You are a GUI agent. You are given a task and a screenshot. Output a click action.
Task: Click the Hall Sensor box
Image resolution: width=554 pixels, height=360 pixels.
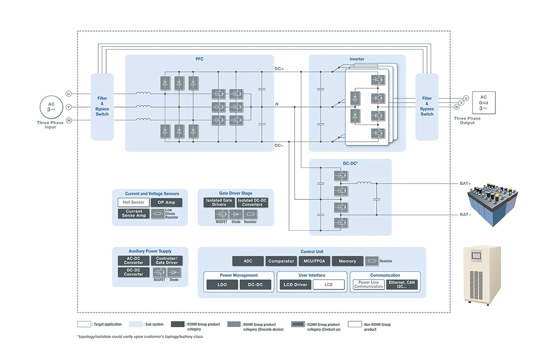click(133, 203)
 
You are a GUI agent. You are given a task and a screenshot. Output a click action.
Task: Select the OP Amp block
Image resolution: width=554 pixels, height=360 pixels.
click(167, 203)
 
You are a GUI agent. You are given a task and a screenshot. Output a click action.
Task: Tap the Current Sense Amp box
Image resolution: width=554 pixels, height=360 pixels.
click(133, 214)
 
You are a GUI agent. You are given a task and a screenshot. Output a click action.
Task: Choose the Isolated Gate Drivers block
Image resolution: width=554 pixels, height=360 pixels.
click(219, 203)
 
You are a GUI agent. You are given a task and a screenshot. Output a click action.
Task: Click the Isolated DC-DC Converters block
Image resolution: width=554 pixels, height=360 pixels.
click(252, 203)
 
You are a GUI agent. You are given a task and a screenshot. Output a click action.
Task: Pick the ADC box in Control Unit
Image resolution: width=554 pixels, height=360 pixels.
click(248, 261)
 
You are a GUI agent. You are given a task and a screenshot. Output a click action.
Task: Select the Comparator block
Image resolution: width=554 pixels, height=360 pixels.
click(281, 261)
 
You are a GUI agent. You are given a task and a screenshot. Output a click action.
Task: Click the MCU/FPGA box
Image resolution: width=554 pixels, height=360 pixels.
click(314, 261)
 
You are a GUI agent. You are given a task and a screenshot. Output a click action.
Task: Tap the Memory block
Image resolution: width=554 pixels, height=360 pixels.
click(347, 261)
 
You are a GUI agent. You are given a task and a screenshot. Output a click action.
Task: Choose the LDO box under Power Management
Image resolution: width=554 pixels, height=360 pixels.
click(222, 285)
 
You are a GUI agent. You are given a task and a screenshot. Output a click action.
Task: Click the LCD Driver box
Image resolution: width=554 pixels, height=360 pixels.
click(295, 285)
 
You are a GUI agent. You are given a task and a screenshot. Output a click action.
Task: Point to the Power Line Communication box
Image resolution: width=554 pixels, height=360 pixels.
click(368, 285)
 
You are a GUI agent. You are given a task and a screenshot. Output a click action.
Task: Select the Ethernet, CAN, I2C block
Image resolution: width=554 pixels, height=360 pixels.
click(402, 285)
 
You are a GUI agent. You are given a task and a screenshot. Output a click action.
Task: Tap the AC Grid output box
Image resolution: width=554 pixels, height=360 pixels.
click(483, 103)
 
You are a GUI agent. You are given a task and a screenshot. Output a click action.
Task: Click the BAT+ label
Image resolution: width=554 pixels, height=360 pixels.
click(465, 184)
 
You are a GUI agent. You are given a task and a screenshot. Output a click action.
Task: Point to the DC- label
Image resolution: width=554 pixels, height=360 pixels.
click(279, 146)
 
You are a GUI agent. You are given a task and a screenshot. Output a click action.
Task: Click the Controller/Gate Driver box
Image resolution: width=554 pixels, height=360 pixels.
click(167, 261)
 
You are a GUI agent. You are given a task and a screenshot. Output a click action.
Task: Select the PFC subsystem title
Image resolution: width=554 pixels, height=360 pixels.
click(199, 59)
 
